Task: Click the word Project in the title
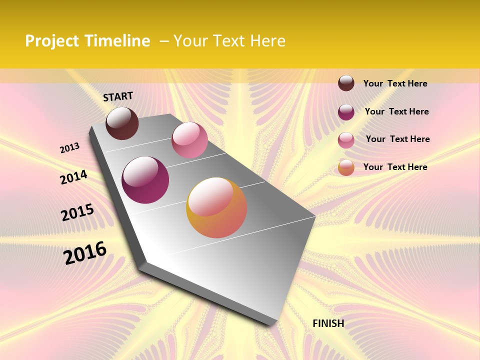(52, 41)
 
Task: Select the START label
(118, 96)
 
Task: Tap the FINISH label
(328, 323)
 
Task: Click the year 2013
(70, 147)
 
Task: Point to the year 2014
(73, 177)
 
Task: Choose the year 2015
(77, 212)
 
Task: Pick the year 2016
(85, 253)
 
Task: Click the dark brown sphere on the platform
(122, 123)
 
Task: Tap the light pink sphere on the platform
(189, 140)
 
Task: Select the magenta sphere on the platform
(145, 180)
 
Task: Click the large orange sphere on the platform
(216, 207)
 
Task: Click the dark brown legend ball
(346, 83)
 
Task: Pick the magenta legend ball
(346, 112)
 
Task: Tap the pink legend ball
(346, 140)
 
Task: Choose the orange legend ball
(346, 167)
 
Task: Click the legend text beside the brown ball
(395, 83)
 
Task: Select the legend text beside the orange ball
(395, 167)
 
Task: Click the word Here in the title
(267, 41)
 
